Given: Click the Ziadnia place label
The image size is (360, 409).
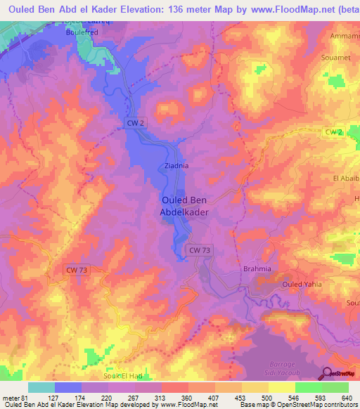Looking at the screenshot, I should tap(176, 167).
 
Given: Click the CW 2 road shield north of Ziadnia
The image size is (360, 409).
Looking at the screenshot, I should tap(136, 122).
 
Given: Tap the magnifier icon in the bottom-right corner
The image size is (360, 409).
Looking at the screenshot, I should tap(326, 375).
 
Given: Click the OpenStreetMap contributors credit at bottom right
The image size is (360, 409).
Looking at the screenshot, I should tap(314, 405).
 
